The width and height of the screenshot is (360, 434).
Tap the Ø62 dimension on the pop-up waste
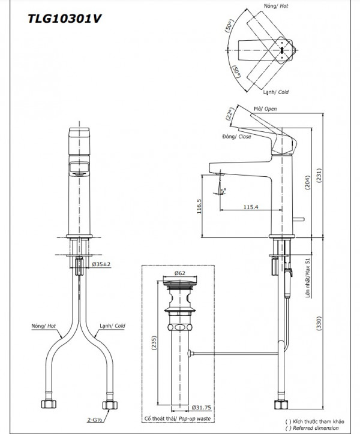click(179, 273)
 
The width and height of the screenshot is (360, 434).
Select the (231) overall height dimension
click(325, 174)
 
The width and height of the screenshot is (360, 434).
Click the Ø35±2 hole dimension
click(103, 264)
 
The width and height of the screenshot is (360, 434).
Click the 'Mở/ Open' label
click(266, 108)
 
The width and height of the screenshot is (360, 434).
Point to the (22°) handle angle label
click(230, 114)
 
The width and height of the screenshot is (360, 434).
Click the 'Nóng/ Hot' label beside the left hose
click(44, 326)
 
